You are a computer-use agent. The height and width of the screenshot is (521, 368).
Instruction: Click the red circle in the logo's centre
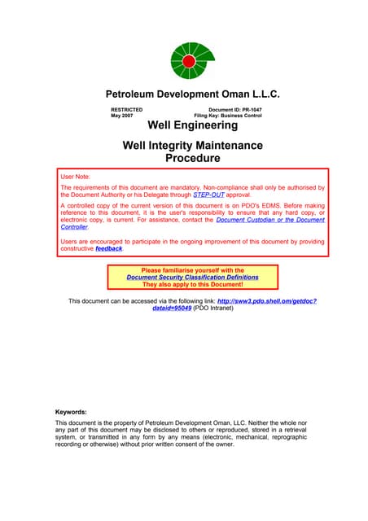(189, 61)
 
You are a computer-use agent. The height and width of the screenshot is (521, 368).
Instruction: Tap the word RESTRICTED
(127, 109)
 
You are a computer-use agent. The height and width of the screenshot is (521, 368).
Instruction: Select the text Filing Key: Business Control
(231, 116)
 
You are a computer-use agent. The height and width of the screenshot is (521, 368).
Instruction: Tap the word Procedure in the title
(192, 158)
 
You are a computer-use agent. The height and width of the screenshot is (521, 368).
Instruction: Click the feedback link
(108, 248)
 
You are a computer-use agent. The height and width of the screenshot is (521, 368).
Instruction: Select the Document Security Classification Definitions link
(192, 277)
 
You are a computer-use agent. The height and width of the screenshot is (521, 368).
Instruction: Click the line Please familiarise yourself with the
(192, 269)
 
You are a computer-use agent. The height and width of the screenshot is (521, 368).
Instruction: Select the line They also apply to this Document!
(192, 284)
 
